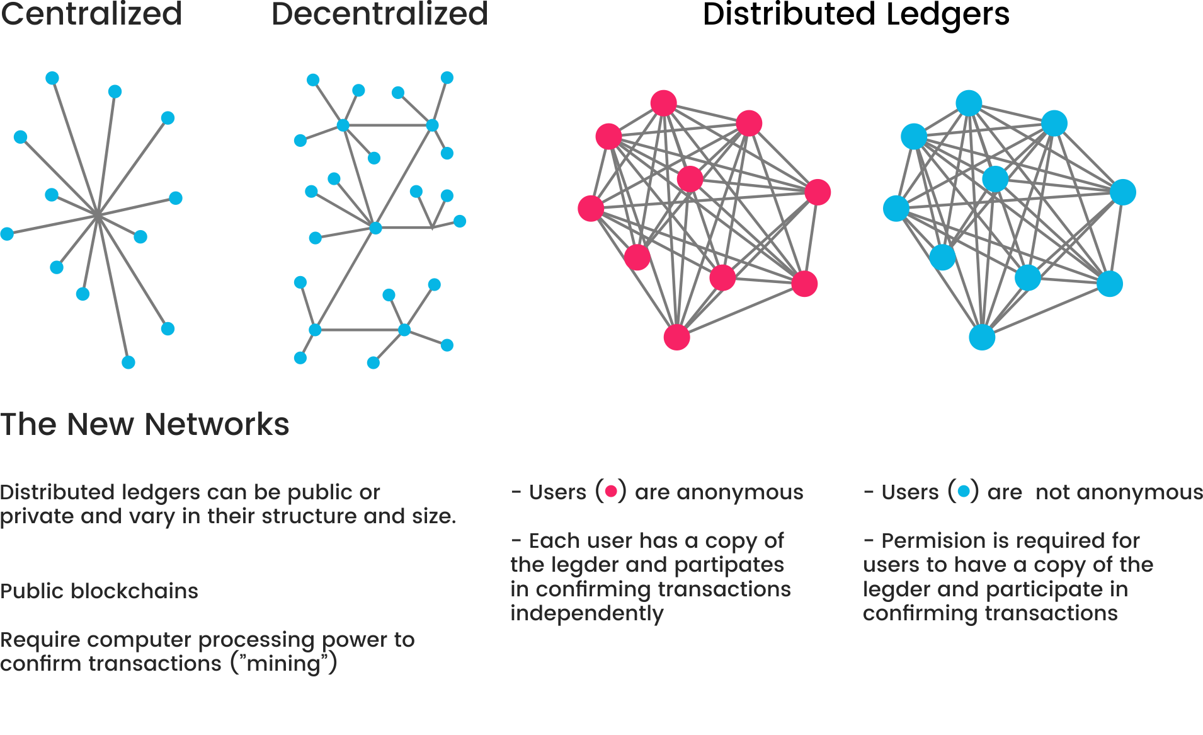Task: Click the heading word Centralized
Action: (x=91, y=14)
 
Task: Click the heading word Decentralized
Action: (x=379, y=14)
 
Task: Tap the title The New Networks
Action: (x=144, y=424)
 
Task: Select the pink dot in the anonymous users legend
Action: (x=610, y=491)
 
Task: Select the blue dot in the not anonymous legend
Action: (x=963, y=491)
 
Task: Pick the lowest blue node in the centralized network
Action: (x=128, y=362)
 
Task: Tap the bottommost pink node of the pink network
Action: (x=676, y=337)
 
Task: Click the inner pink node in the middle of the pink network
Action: (x=690, y=179)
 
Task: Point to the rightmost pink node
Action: (x=818, y=192)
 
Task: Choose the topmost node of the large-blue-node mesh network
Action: (x=969, y=103)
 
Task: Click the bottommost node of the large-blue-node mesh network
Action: (x=982, y=337)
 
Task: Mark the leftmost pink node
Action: (x=591, y=208)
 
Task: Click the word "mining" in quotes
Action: (x=283, y=664)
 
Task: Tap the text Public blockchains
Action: (x=99, y=591)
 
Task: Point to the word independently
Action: (x=587, y=614)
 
